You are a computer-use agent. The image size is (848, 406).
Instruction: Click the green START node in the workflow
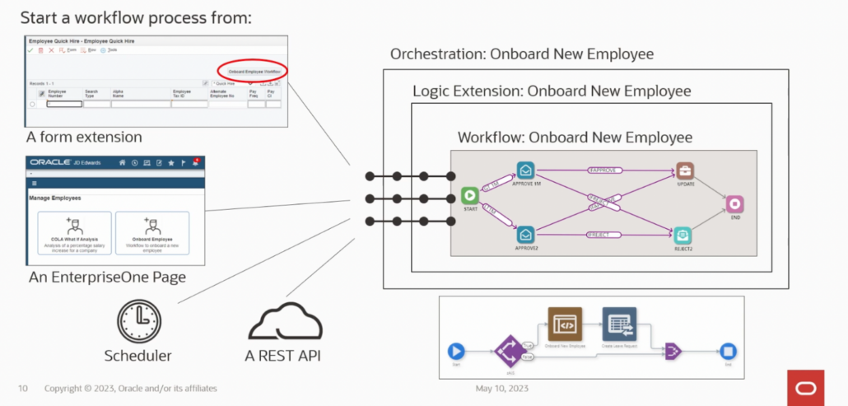(x=470, y=196)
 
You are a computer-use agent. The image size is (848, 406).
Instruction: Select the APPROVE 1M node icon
(x=525, y=170)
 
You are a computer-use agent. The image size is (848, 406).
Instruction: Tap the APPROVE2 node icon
(x=525, y=235)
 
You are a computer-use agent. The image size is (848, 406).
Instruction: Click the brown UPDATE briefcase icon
(x=685, y=171)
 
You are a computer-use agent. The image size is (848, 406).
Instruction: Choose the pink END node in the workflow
(x=734, y=203)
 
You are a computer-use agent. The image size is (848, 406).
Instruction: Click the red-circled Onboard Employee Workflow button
(x=254, y=72)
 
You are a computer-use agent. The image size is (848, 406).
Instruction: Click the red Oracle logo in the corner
(x=804, y=388)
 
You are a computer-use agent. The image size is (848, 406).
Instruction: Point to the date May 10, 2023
(x=501, y=388)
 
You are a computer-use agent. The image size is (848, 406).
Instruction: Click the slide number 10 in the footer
(x=23, y=388)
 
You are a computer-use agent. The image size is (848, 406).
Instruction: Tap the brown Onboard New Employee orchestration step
(x=565, y=324)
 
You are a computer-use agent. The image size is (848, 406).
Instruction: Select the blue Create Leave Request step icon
(x=618, y=324)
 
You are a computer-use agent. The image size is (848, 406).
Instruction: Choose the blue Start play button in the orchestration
(x=456, y=352)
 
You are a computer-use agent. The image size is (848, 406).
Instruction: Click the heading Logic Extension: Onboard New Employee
(x=551, y=91)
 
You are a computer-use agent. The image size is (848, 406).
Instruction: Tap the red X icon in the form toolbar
(x=51, y=50)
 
